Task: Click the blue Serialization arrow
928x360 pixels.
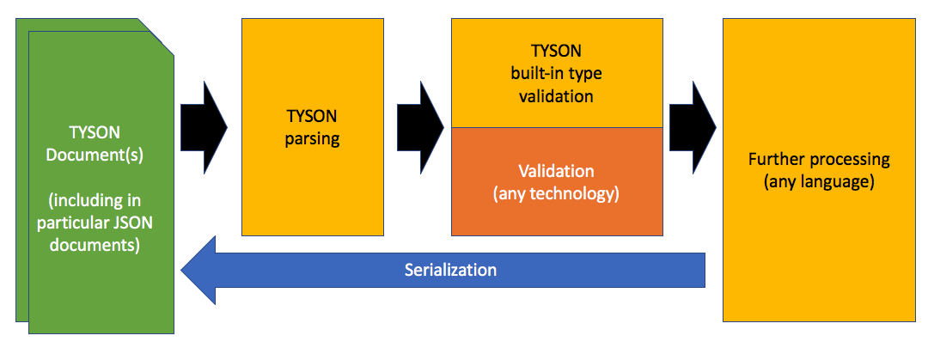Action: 443,270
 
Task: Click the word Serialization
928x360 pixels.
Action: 450,270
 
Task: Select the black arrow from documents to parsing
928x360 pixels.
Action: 204,126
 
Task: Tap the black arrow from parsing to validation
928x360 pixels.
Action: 420,127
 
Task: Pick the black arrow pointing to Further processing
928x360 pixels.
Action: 693,127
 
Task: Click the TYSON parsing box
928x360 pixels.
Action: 313,126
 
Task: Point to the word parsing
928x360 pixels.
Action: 313,139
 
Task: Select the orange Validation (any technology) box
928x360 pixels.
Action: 556,182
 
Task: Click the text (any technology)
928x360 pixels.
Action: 556,193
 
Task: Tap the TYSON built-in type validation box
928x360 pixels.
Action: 556,73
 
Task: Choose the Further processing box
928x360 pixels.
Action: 819,170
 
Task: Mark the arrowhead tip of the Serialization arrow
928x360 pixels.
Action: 181,271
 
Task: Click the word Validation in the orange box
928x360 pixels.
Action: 556,171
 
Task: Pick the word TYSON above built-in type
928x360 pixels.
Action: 556,52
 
